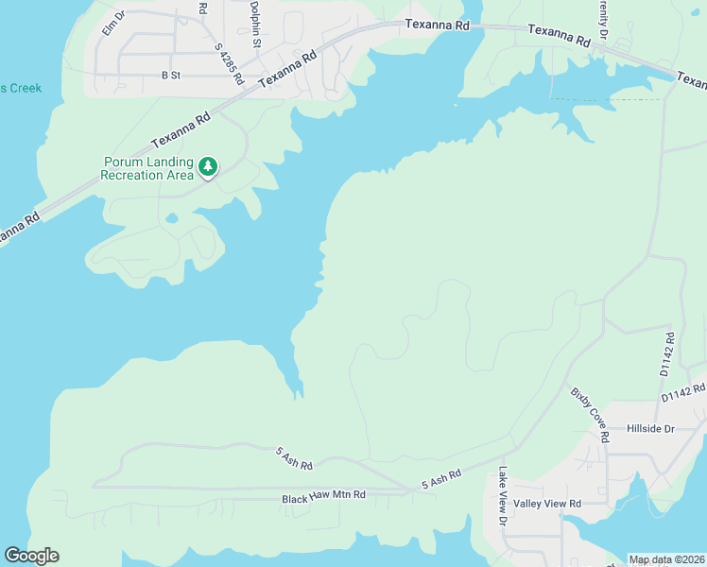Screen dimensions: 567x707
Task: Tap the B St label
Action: coord(170,74)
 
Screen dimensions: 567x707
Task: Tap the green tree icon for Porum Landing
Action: coord(208,167)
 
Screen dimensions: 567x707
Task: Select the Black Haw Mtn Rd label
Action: coord(323,498)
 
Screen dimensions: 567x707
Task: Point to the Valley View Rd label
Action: coord(547,504)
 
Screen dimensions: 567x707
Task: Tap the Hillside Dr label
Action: coord(650,428)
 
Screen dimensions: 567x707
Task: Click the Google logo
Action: coord(31,556)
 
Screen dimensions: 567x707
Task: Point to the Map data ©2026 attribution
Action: coord(666,559)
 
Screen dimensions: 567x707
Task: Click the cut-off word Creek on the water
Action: coord(21,88)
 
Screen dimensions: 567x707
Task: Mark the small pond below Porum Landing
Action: coord(171,218)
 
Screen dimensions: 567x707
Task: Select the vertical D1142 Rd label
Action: coord(668,354)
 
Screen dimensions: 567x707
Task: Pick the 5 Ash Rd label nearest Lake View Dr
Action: coord(441,479)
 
